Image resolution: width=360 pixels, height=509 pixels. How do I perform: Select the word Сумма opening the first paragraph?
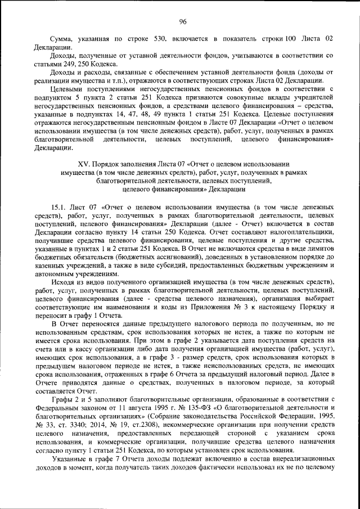62,39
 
